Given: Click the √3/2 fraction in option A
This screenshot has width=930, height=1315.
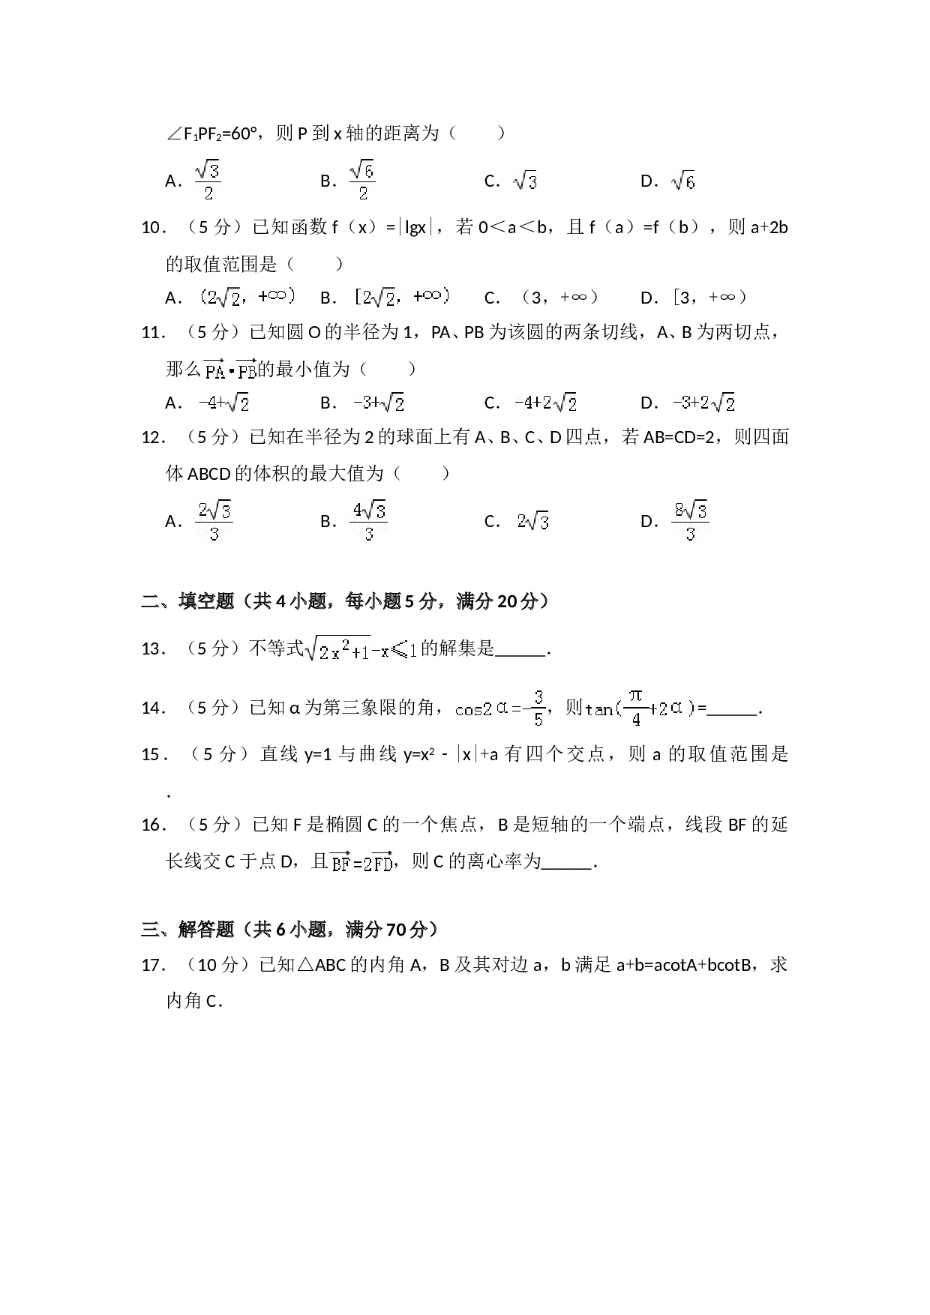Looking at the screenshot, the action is [x=208, y=180].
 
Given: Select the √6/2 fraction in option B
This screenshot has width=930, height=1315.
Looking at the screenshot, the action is [x=362, y=180].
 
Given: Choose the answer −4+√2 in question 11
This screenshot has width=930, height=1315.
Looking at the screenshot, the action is [x=223, y=403].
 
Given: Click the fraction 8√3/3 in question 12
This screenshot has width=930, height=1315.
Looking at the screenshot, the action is [x=691, y=520].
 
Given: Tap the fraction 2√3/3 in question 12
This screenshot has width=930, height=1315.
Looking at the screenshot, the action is [x=214, y=520].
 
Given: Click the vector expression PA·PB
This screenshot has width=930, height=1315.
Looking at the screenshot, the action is [x=230, y=368].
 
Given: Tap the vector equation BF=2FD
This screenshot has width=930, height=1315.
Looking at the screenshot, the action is [x=361, y=862].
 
